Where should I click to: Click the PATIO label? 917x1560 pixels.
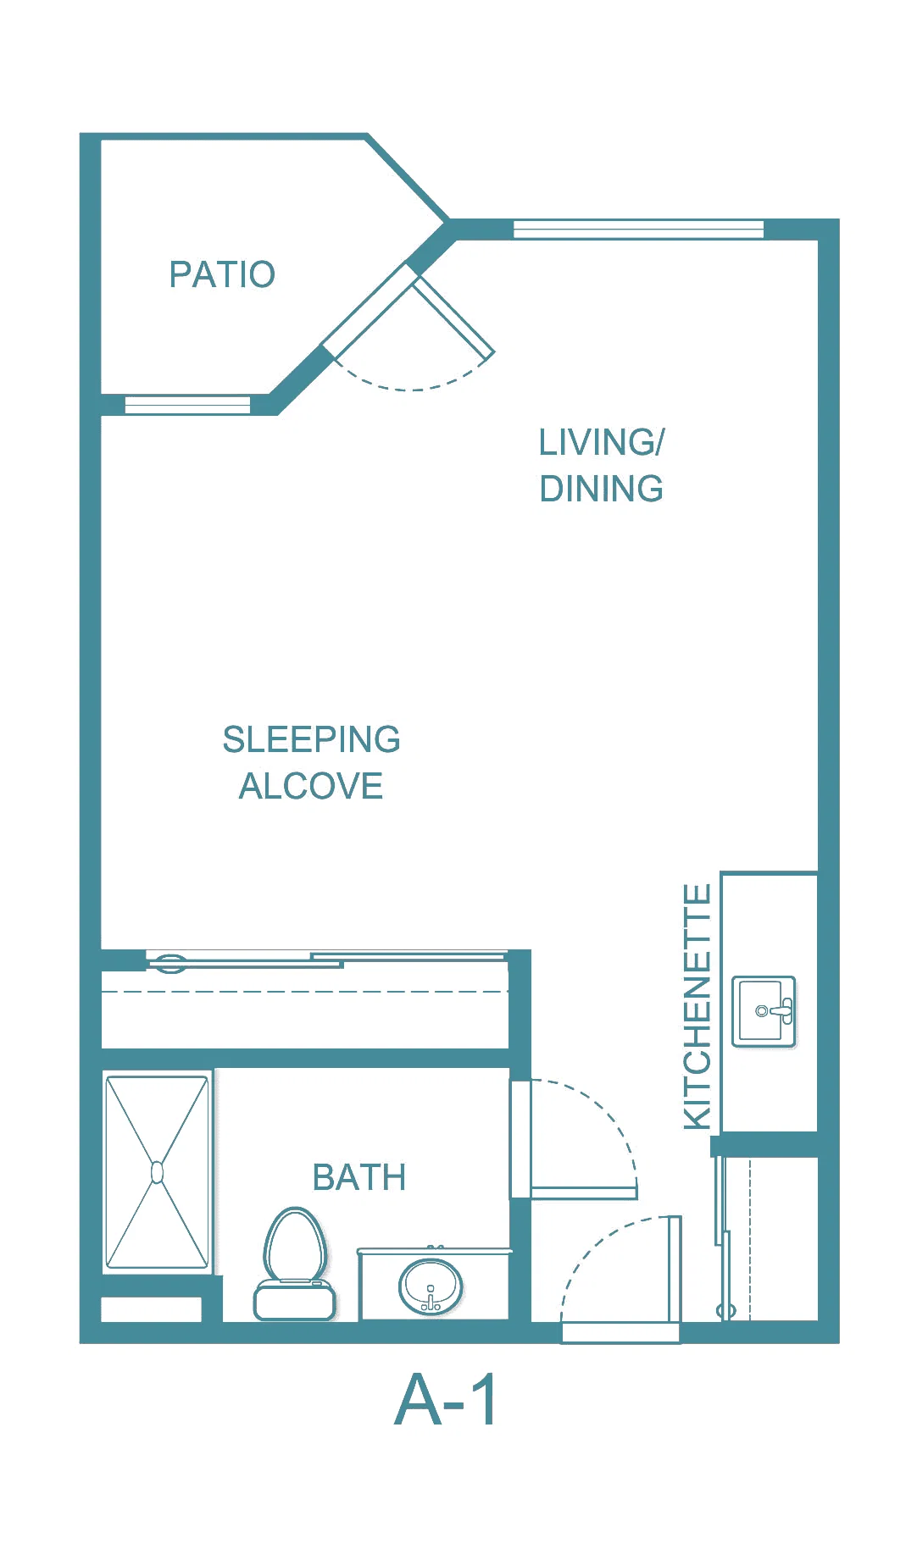click(222, 274)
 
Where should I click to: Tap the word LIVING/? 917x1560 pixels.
click(602, 442)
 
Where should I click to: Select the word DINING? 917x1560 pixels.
click(602, 489)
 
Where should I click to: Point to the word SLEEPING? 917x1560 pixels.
click(311, 739)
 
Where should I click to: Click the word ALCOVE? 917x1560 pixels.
click(311, 786)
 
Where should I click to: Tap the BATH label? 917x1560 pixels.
click(359, 1177)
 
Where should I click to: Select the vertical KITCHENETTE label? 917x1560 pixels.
click(697, 1006)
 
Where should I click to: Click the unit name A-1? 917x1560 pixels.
click(447, 1400)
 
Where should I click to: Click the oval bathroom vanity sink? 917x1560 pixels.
click(431, 1286)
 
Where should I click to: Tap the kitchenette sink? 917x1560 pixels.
click(764, 1011)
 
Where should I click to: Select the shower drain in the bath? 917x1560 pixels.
click(157, 1172)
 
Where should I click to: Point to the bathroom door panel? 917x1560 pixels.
click(584, 1193)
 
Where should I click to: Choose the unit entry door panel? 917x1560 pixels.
click(675, 1269)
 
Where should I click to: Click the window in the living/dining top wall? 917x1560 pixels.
click(638, 229)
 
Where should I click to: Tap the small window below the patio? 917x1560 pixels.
click(187, 405)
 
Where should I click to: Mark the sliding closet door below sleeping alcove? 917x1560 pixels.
click(326, 960)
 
